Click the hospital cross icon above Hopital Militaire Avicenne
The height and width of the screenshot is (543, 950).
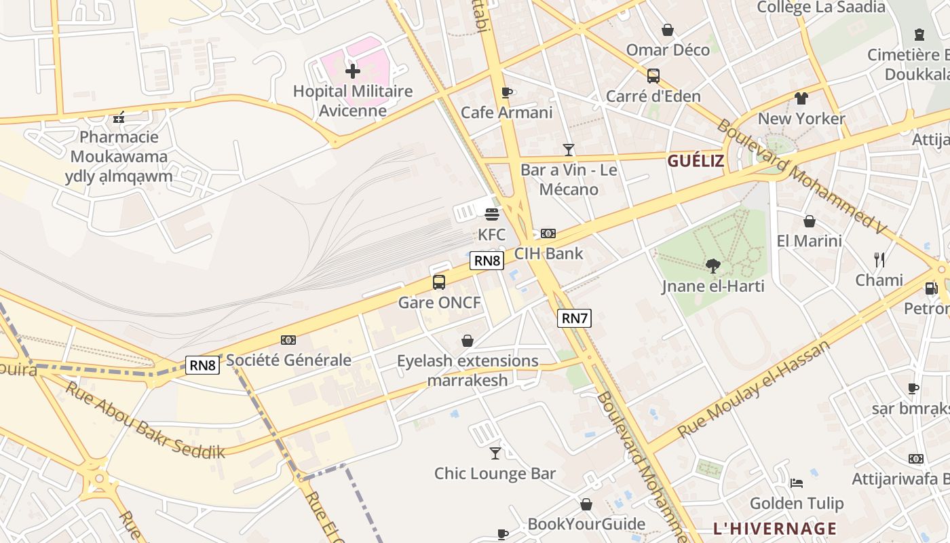pyautogui.click(x=353, y=71)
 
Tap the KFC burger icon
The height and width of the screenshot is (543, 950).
pyautogui.click(x=492, y=214)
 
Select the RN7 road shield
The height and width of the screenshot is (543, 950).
pyautogui.click(x=574, y=318)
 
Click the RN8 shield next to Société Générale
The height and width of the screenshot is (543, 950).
pyautogui.click(x=202, y=365)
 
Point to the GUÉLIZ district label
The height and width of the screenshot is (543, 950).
pyautogui.click(x=696, y=161)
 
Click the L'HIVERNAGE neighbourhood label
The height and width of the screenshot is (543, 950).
pyautogui.click(x=775, y=528)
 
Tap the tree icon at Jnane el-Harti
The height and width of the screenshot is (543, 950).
pyautogui.click(x=712, y=265)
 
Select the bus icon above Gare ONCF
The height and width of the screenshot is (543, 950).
pyautogui.click(x=439, y=282)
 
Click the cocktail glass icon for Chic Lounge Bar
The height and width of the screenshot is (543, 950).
pyautogui.click(x=495, y=453)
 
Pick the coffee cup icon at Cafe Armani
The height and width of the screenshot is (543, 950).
pyautogui.click(x=506, y=92)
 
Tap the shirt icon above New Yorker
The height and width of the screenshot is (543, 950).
pyautogui.click(x=801, y=98)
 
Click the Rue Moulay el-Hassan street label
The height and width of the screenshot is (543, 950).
pyautogui.click(x=753, y=389)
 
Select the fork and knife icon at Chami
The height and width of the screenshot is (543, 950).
pyautogui.click(x=879, y=259)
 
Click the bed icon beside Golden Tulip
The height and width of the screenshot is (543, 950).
pyautogui.click(x=797, y=483)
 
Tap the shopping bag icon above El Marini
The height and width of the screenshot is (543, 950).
pyautogui.click(x=809, y=221)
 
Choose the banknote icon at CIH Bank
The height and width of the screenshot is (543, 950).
pyautogui.click(x=548, y=233)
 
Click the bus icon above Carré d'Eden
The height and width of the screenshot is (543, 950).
pyautogui.click(x=653, y=75)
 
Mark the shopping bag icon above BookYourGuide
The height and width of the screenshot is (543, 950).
pyautogui.click(x=586, y=504)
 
